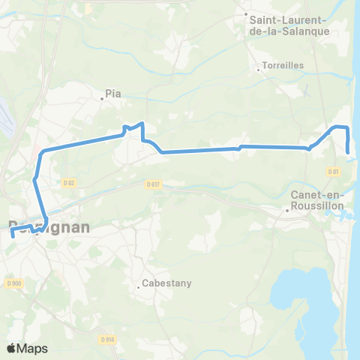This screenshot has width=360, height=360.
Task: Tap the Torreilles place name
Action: pos(283,65)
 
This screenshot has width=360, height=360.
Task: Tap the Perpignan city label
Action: pos(49,226)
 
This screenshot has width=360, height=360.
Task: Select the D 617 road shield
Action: pos(154,184)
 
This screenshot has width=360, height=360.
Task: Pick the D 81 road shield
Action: pos(334,172)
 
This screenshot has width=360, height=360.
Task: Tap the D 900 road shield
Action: pos(13,283)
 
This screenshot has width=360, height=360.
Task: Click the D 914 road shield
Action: pos(107,339)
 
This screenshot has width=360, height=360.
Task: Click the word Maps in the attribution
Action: pos(33,348)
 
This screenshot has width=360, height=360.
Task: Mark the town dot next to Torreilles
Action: pos(259,70)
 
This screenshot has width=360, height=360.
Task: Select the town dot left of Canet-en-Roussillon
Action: pos(286,210)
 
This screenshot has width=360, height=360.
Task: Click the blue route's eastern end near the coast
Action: pos(349,153)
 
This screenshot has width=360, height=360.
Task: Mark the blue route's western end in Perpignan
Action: pos(13,235)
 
